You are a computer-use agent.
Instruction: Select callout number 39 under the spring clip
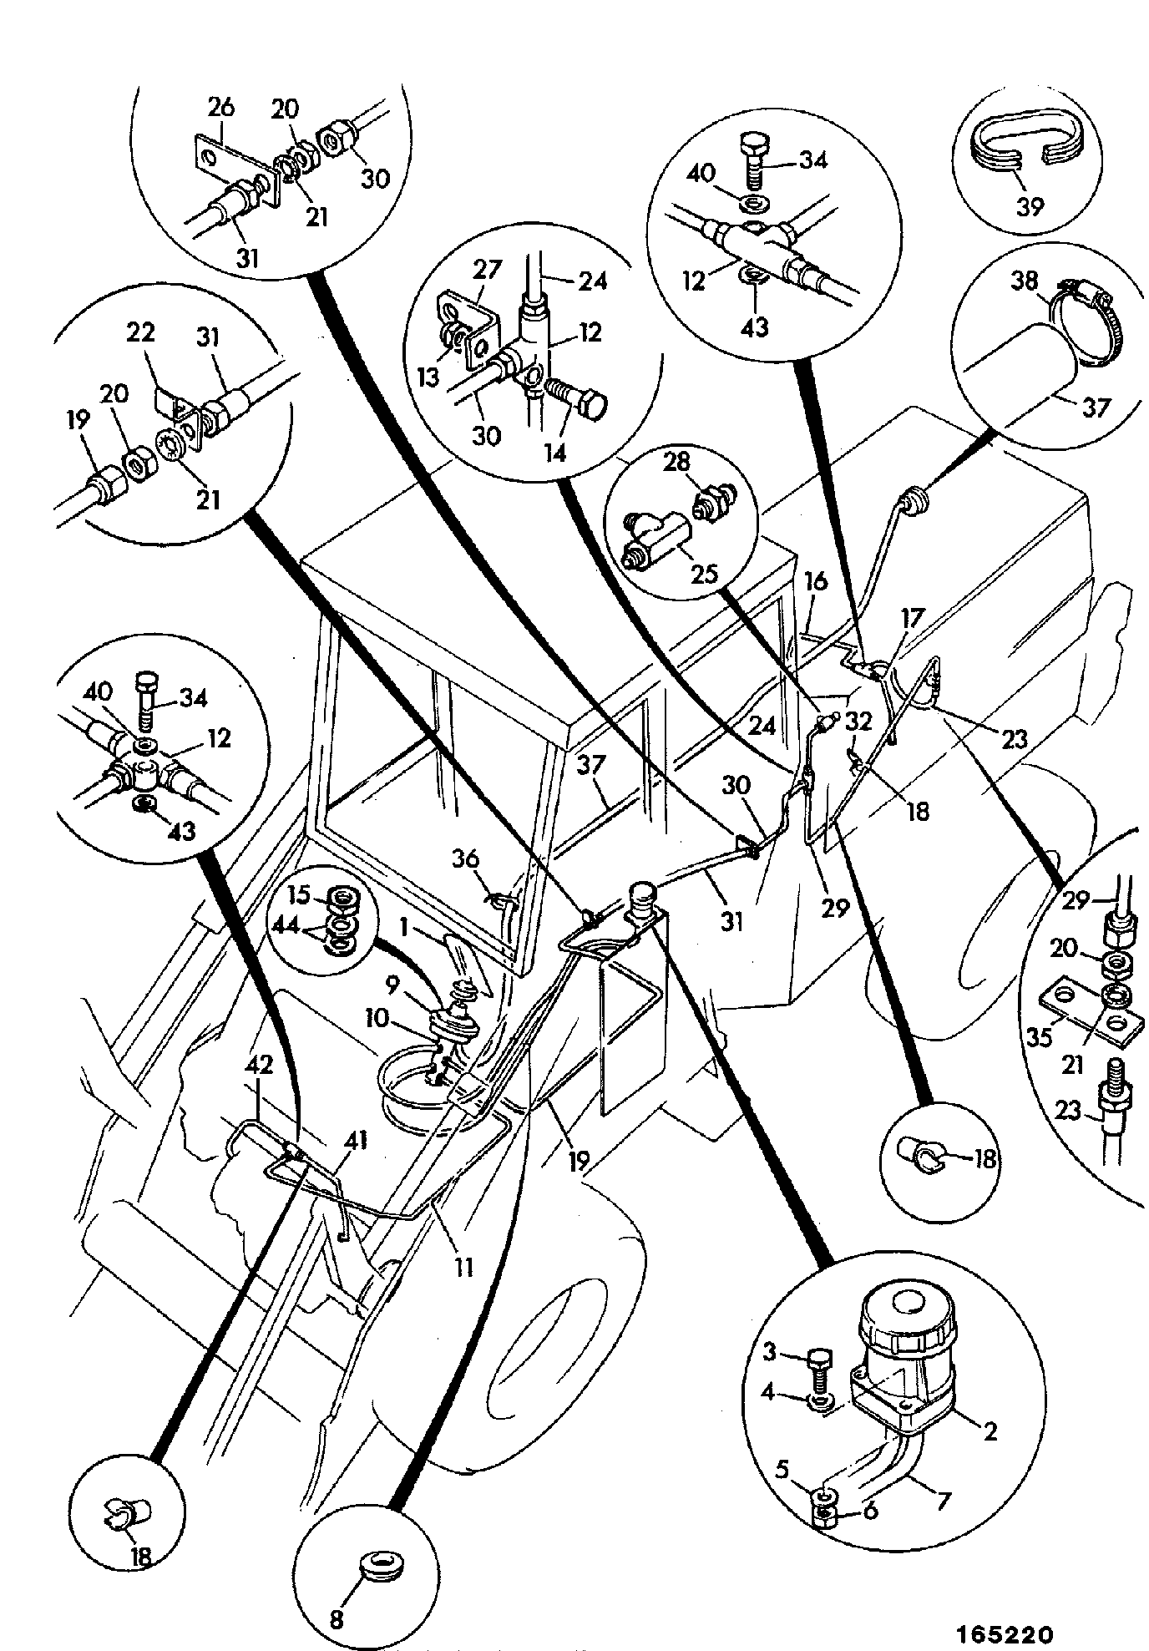click(1030, 206)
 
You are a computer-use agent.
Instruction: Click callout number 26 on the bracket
click(222, 108)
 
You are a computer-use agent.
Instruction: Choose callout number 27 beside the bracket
click(488, 271)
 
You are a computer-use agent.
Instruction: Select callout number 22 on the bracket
click(141, 332)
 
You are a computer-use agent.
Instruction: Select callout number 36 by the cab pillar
click(466, 858)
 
